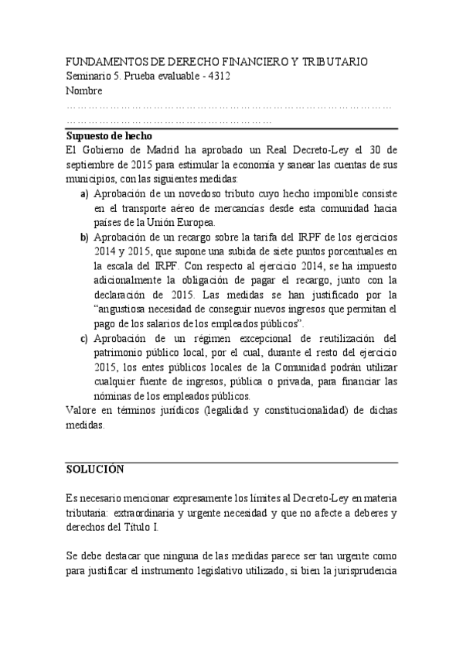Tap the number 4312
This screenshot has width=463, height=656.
(x=218, y=76)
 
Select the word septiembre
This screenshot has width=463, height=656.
(x=94, y=165)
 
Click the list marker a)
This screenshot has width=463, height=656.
(x=84, y=194)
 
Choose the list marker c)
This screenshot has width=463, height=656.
(x=84, y=338)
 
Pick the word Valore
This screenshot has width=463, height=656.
(x=82, y=411)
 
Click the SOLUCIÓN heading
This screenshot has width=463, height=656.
(x=94, y=470)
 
